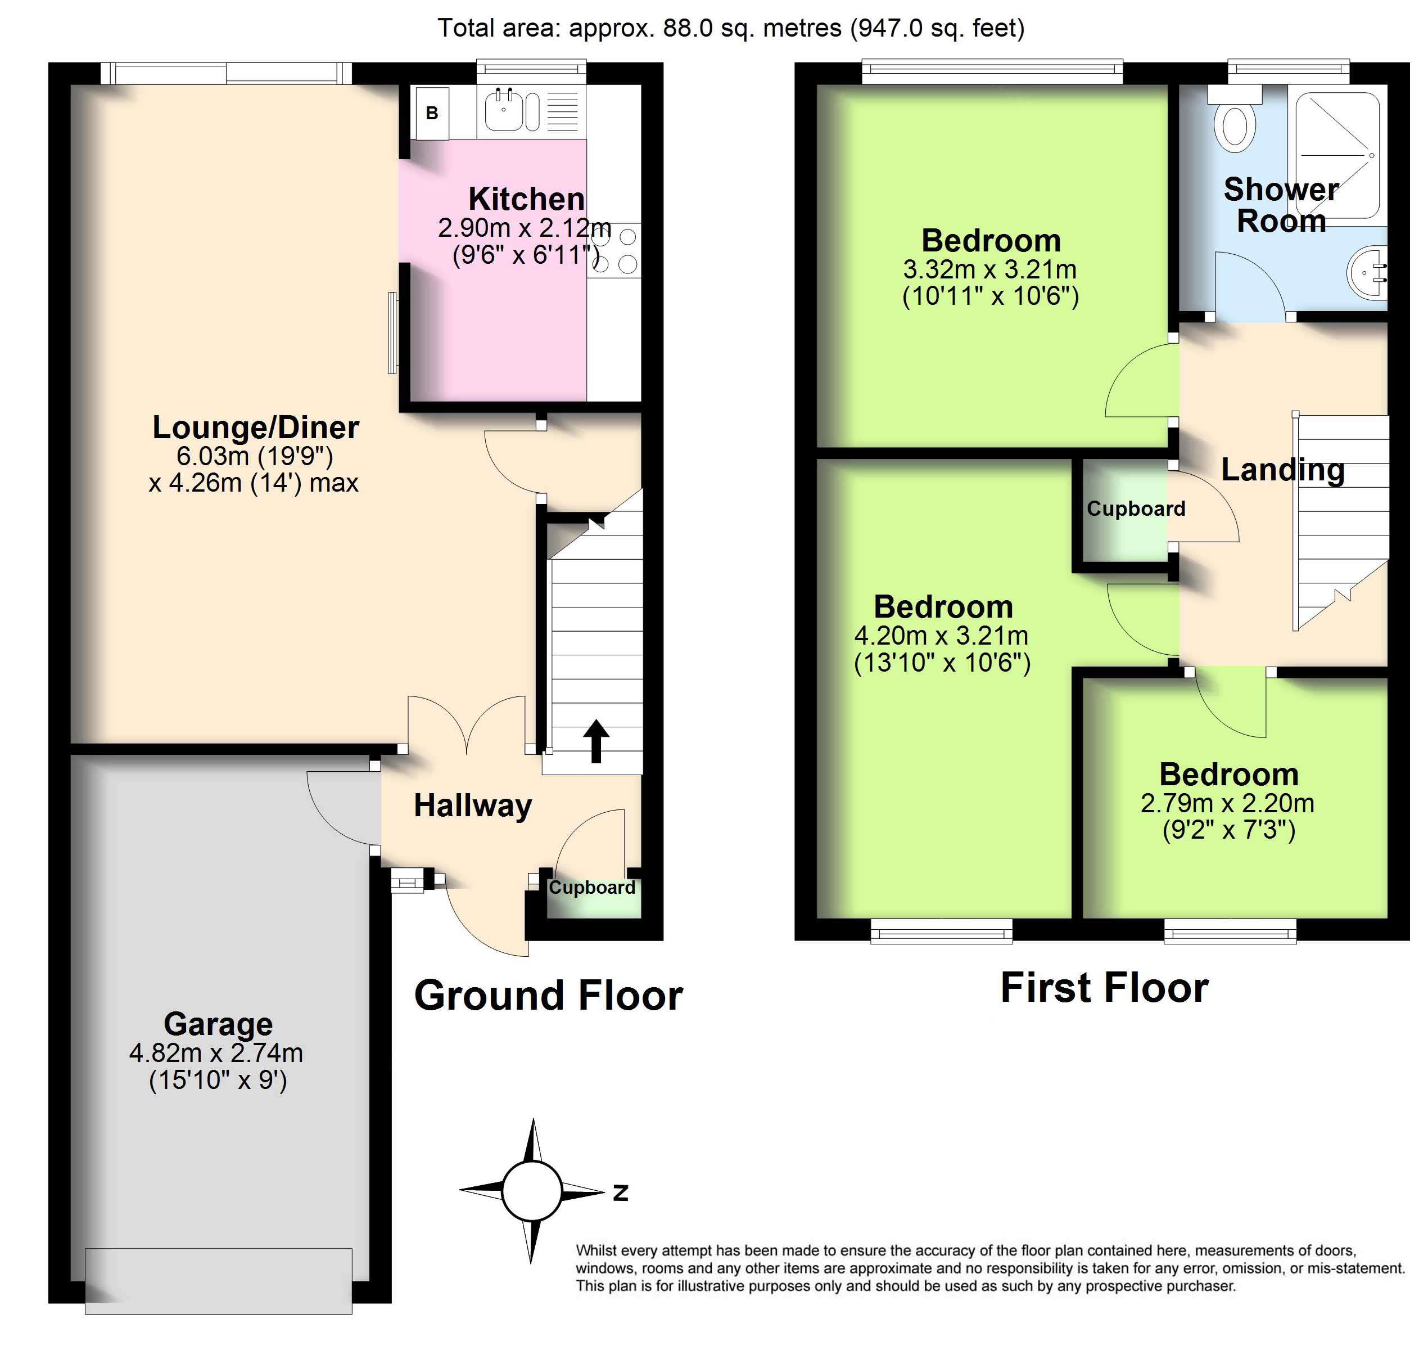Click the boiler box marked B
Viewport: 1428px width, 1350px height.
click(432, 113)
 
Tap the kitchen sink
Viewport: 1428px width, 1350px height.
click(512, 111)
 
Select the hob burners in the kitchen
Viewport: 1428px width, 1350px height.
click(616, 250)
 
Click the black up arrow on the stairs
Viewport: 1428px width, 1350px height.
click(596, 740)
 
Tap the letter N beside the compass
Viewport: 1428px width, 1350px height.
click(620, 1193)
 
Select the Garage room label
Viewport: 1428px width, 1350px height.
click(218, 1023)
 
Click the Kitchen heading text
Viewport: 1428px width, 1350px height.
click(527, 199)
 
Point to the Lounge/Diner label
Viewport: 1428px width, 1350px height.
click(255, 427)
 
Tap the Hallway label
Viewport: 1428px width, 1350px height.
click(473, 805)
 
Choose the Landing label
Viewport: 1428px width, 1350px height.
click(1283, 470)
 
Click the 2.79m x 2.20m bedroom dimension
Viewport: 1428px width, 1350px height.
click(1227, 803)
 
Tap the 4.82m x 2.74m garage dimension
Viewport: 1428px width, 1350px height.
click(216, 1053)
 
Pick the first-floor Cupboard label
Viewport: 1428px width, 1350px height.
click(1136, 508)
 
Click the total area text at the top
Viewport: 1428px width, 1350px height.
click(731, 28)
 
